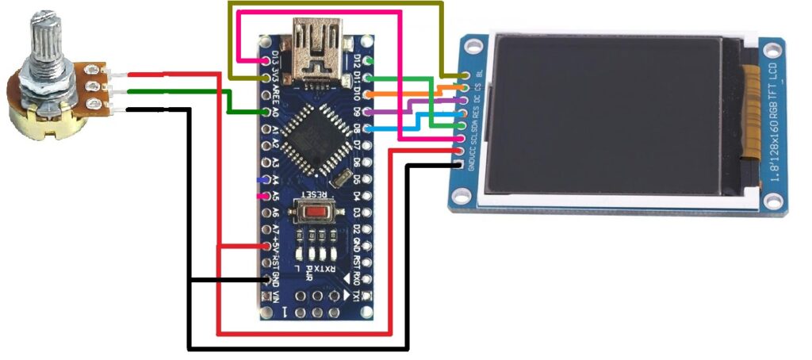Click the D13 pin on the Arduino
tap(266, 60)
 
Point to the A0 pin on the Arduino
tap(266, 112)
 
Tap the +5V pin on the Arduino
tap(266, 246)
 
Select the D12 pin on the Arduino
tap(366, 60)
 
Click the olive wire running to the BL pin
tap(337, 3)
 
